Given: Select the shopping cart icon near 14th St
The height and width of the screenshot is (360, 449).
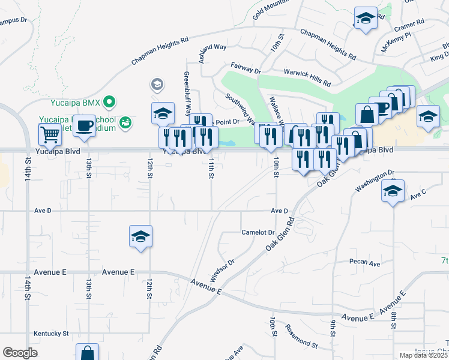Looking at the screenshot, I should pyautogui.click(x=50, y=135).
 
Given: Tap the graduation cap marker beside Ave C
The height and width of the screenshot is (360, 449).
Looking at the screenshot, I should pyautogui.click(x=393, y=191).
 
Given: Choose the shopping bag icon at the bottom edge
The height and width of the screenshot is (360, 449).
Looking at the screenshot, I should pyautogui.click(x=87, y=353).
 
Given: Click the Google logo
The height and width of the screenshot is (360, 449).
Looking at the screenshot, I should pyautogui.click(x=20, y=353).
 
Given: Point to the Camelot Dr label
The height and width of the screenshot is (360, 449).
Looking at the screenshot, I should pyautogui.click(x=258, y=232).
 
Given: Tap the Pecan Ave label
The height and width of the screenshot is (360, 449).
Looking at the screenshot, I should pyautogui.click(x=366, y=263).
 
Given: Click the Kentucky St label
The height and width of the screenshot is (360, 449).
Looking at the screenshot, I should pyautogui.click(x=51, y=333).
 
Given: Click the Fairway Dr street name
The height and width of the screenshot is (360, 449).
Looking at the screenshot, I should pyautogui.click(x=246, y=68).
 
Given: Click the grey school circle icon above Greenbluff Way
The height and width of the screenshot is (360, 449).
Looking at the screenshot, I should pyautogui.click(x=157, y=84).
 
